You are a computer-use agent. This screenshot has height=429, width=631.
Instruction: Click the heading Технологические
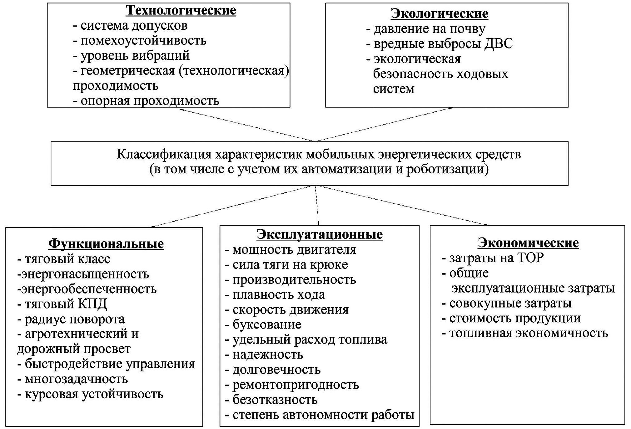pyautogui.click(x=181, y=10)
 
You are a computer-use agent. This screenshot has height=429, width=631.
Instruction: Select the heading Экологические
pyautogui.click(x=439, y=14)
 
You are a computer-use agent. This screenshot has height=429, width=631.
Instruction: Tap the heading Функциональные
pyautogui.click(x=106, y=244)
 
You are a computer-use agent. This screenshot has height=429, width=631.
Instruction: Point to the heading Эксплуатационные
pyautogui.click(x=320, y=234)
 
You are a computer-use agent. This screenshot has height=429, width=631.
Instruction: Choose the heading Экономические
pyautogui.click(x=528, y=243)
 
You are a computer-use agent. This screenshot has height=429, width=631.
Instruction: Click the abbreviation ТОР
pyautogui.click(x=530, y=258)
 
